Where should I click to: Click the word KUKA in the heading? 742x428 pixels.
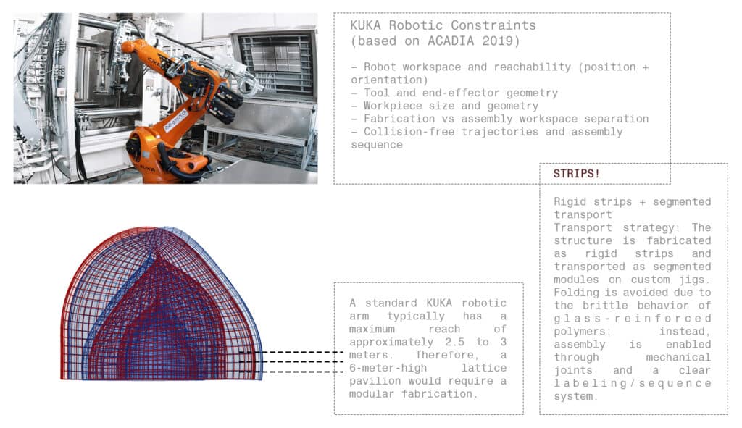(x=365, y=25)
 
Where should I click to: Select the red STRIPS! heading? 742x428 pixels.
(x=576, y=174)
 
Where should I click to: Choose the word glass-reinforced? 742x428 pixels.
(x=633, y=318)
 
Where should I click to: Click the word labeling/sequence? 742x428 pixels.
(x=633, y=383)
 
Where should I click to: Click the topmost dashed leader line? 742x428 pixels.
(x=291, y=352)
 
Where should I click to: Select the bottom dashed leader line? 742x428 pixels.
(x=291, y=372)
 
